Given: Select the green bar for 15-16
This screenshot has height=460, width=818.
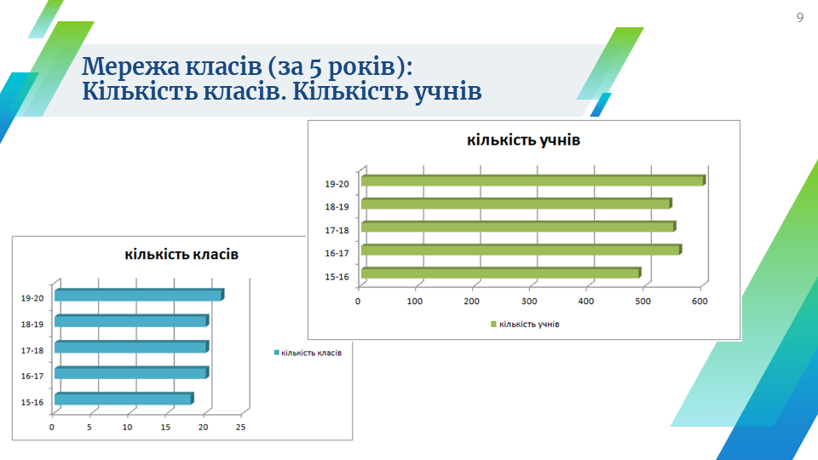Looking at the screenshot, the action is click(501, 273).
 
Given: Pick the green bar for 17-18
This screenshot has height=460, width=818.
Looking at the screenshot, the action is click(519, 227).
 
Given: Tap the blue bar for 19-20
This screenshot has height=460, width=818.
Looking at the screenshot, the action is click(139, 295).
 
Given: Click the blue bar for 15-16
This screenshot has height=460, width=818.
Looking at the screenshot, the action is click(124, 399).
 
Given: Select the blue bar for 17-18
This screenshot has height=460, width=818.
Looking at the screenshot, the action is click(131, 347).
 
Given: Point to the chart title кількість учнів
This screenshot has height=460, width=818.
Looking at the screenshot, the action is click(523, 140).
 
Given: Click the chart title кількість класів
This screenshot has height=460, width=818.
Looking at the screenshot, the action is click(181, 254).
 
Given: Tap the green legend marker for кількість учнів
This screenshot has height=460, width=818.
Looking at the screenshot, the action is click(493, 324).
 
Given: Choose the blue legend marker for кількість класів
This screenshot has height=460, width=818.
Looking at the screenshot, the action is click(276, 353).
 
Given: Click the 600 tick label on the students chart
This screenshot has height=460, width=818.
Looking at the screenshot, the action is click(700, 301).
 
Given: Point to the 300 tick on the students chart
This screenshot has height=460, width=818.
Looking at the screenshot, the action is click(529, 301).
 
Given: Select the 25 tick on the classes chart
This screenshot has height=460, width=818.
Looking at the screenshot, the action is click(240, 427).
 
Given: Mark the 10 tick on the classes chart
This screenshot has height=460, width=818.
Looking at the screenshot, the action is click(127, 427).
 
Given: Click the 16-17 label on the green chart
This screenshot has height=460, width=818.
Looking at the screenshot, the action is click(337, 254).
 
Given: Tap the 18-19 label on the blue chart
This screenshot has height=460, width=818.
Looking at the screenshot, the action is click(32, 325).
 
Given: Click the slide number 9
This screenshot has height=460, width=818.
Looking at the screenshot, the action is click(800, 18).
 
